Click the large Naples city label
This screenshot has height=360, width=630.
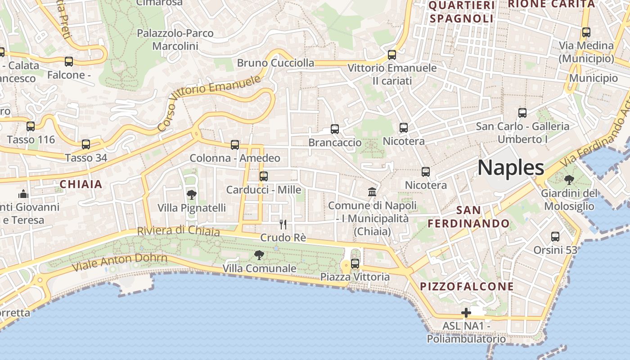511,167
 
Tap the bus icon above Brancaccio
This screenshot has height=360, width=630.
334,129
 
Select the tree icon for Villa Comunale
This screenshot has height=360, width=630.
259,255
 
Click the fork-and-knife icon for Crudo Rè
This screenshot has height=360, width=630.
283,224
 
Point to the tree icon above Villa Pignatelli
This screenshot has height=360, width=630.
191,195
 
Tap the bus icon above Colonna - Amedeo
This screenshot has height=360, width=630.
234,145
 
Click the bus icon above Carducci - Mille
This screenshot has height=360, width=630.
263,176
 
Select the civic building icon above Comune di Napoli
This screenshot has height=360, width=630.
372,193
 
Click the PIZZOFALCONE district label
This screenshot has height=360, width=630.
467,287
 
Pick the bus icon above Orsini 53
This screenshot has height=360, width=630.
555,236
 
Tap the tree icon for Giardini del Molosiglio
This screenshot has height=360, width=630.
569,180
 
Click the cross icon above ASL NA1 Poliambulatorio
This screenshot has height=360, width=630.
466,312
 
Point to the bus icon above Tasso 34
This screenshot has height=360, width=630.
85,144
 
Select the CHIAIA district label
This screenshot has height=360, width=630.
81,184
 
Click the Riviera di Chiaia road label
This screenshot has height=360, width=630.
178,231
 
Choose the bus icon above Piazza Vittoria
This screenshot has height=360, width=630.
355,263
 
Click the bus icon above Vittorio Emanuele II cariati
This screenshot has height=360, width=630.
392,55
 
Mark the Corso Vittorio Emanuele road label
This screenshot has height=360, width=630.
210,103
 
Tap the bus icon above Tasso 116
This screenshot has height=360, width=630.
31,126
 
